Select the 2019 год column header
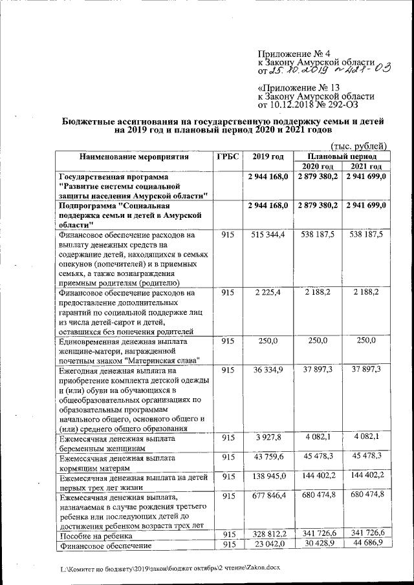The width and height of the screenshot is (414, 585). coord(268,157)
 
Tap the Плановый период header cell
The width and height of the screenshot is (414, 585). coord(341,156)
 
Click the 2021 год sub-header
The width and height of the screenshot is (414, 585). coord(366,167)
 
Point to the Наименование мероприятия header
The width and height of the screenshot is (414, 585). coord(134,157)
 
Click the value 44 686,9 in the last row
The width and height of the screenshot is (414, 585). coord(366,545)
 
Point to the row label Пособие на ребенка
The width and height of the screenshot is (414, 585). coord(90,536)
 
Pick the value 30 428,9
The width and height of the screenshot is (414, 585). coord(317,545)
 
